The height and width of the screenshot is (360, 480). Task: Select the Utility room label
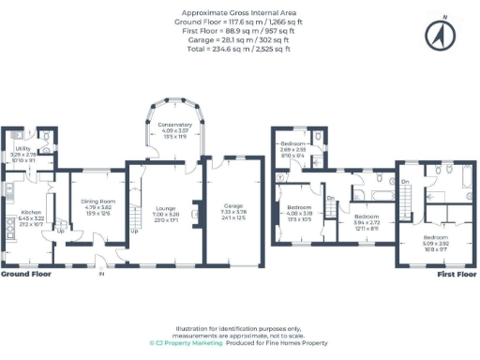tap(20, 149)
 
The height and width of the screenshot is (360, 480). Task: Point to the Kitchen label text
tap(31, 213)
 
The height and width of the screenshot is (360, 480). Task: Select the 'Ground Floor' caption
tap(25, 276)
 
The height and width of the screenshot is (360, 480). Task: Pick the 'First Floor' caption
tap(453, 276)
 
